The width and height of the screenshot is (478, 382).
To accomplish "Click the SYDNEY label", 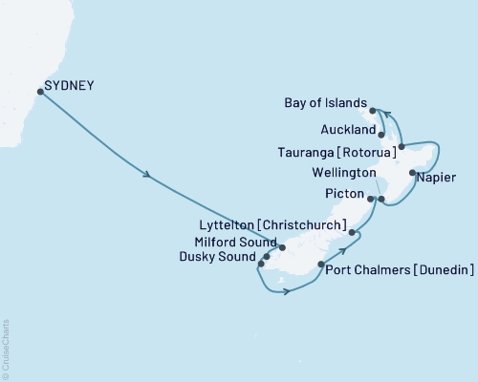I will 69,85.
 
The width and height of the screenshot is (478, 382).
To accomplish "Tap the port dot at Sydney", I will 40,92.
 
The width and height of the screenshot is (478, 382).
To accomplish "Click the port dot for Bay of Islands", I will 373,112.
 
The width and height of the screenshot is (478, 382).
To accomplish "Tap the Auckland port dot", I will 381,135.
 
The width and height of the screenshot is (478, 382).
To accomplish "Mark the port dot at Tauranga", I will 402,146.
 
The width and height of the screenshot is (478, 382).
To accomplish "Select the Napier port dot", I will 412,173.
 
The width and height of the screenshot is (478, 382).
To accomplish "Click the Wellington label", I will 337,175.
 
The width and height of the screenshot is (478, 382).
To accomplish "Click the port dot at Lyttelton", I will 353,232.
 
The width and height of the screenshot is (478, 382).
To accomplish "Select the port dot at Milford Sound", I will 281,247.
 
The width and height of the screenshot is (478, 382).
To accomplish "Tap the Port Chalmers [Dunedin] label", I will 400,271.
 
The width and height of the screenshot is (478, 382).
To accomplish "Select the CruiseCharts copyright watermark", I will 6,338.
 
